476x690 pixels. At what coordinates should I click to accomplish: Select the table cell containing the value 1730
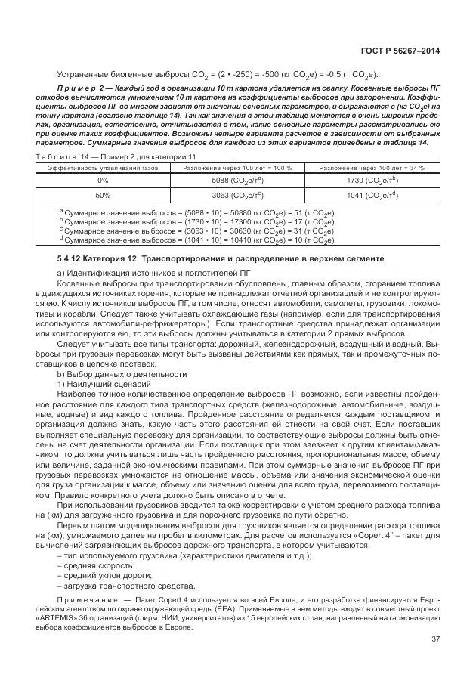click(x=372, y=181)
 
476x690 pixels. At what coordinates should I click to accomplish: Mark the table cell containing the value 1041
click(x=372, y=195)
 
